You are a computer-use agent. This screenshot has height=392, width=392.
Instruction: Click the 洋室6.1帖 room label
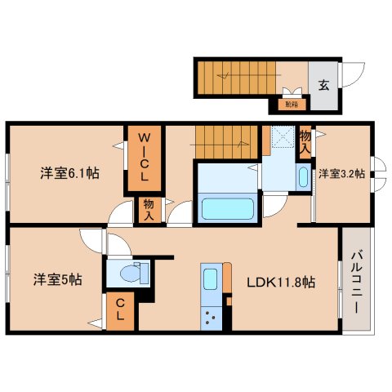coord(70,173)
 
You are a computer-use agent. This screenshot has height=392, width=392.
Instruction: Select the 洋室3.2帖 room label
coord(341,173)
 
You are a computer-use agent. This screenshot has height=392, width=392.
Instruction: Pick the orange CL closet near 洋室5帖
coord(119,310)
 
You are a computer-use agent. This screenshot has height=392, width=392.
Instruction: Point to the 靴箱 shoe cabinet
coord(291,104)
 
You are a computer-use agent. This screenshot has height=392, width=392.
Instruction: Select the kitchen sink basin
coord(209,280)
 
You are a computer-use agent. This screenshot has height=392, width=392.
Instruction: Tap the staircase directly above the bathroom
coord(226,142)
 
